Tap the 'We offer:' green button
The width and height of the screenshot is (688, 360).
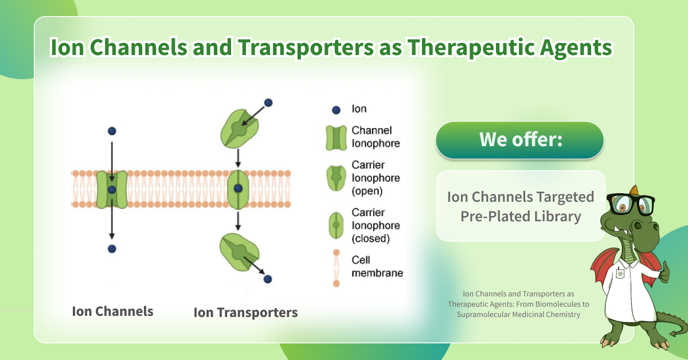pyautogui.click(x=519, y=140)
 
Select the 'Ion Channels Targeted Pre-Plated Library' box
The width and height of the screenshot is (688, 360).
pyautogui.click(x=520, y=206)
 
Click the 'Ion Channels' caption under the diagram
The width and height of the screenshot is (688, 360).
pyautogui.click(x=112, y=311)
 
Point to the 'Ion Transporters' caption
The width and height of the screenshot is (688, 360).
pyautogui.click(x=245, y=312)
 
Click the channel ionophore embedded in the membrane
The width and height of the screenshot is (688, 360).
pyautogui.click(x=112, y=189)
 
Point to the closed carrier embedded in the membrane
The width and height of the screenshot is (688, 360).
pyautogui.click(x=238, y=189)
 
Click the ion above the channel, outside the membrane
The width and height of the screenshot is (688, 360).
pyautogui.click(x=112, y=131)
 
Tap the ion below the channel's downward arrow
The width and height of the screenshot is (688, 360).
pyautogui.click(x=112, y=248)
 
